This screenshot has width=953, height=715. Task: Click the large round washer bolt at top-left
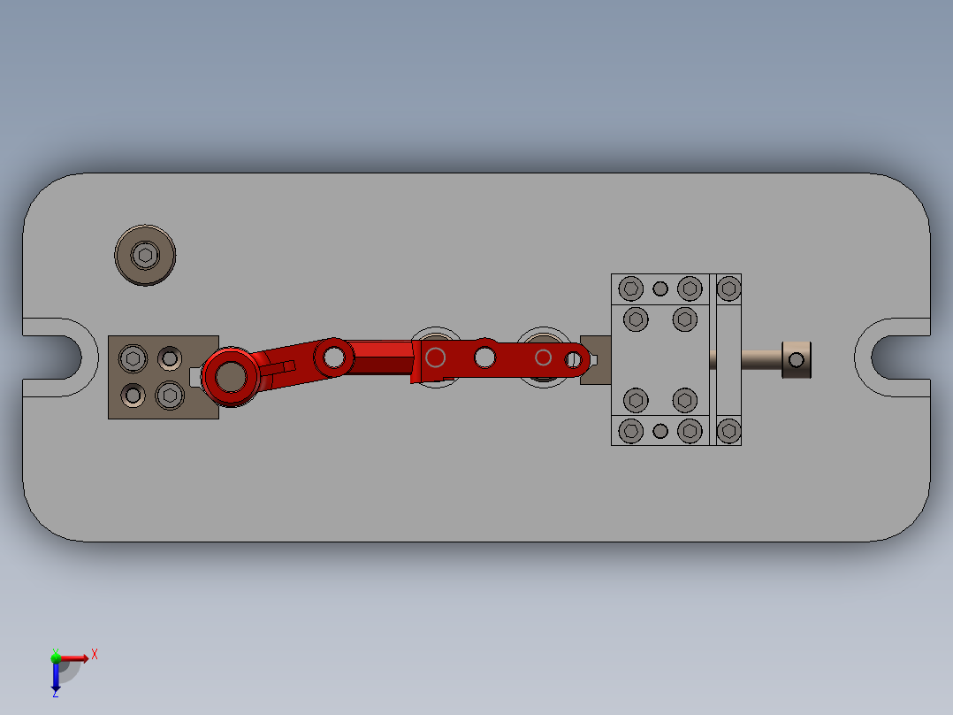[145, 256]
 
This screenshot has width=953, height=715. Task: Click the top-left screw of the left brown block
[133, 357]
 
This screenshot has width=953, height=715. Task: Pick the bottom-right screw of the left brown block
[169, 394]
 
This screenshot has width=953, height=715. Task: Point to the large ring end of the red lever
[231, 377]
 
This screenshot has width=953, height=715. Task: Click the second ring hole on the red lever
[333, 356]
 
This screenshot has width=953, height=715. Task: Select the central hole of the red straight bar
[484, 357]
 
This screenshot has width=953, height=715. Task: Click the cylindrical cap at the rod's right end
[796, 359]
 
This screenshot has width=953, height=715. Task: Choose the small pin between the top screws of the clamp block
[659, 288]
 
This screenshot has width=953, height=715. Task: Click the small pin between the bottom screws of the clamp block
[659, 431]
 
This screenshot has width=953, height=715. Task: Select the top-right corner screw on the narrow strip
[728, 288]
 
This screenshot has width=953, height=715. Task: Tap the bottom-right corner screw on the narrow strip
[728, 431]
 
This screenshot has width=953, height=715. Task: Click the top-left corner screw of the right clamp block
[630, 288]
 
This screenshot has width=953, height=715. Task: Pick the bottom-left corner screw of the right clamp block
[630, 431]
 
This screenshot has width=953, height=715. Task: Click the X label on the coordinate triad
[95, 654]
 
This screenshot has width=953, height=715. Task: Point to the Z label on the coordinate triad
[54, 693]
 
